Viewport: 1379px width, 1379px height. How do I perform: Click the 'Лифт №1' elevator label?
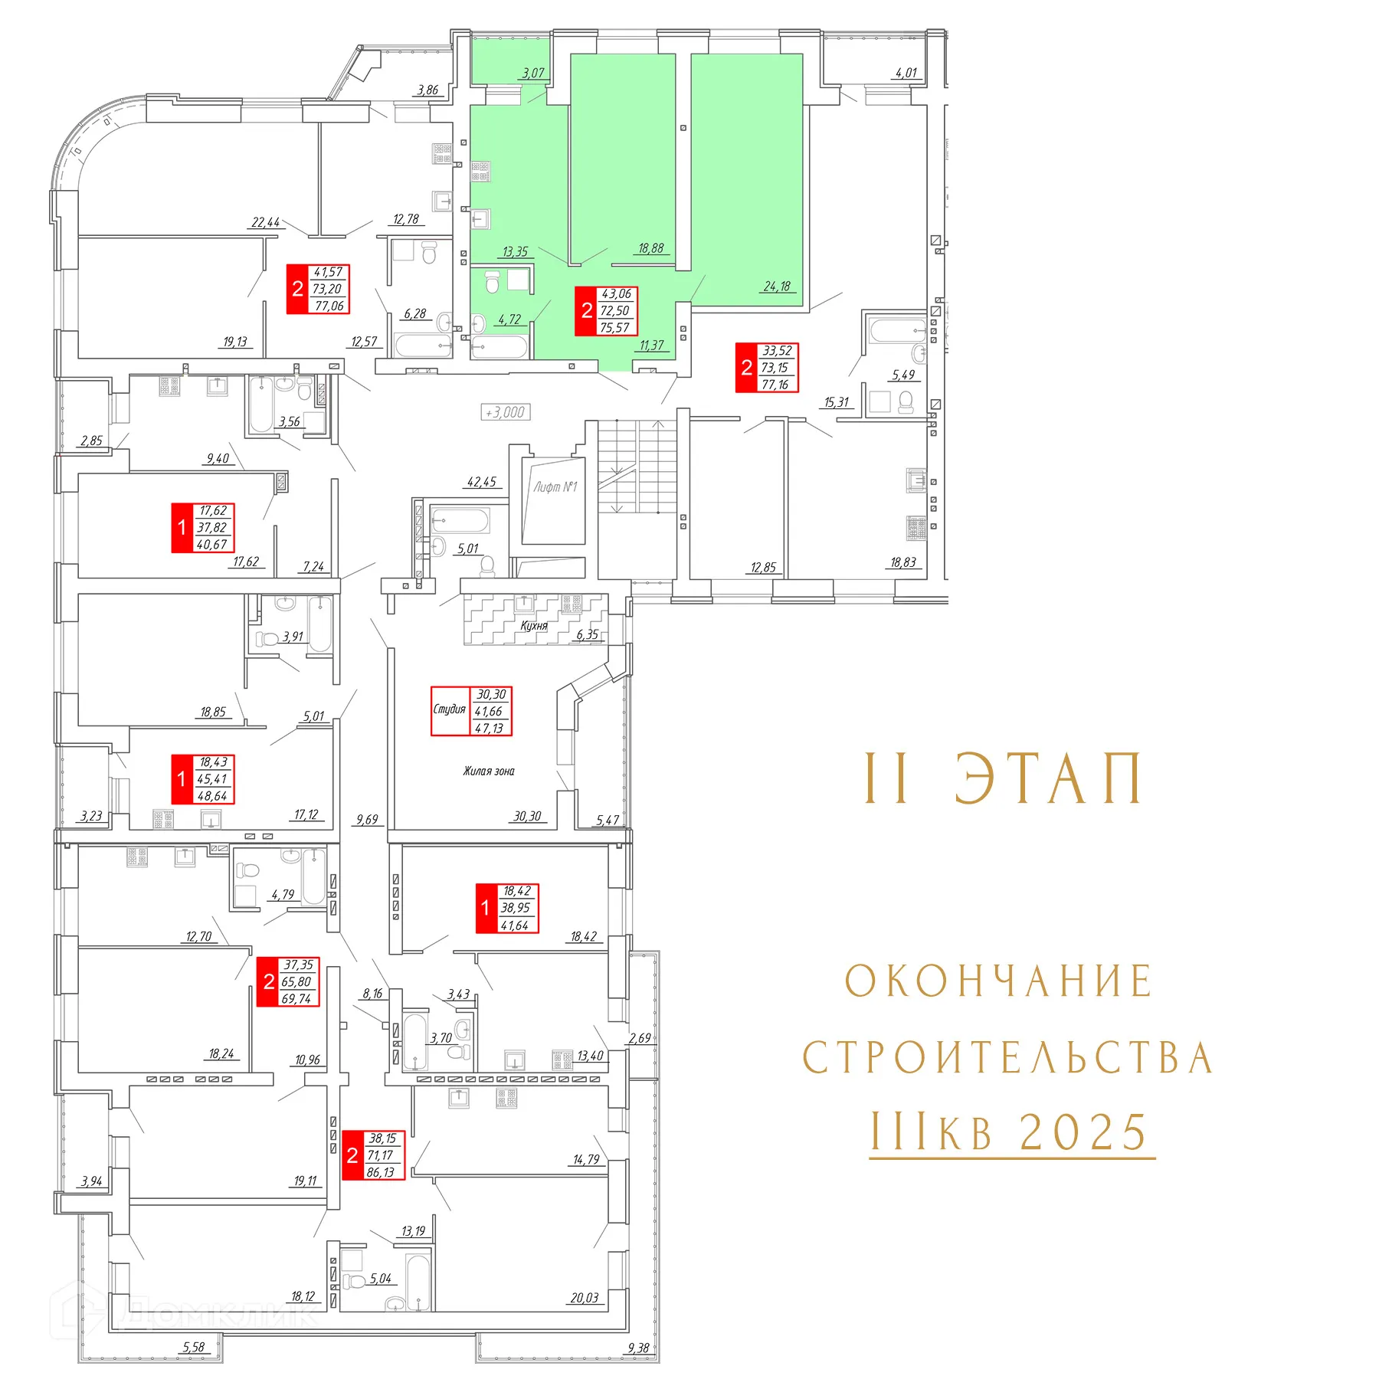[555, 486]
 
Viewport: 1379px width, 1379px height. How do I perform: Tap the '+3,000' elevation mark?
[506, 412]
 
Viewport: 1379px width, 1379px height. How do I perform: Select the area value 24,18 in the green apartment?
[777, 287]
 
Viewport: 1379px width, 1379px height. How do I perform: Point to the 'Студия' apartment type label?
[450, 709]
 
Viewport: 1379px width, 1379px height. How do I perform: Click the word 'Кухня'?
[534, 625]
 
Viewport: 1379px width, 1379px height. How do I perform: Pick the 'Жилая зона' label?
[489, 771]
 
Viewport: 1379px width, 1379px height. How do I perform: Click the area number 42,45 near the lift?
[482, 482]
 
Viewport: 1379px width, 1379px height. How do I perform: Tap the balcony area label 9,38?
[638, 1348]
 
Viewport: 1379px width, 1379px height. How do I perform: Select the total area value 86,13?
[381, 1172]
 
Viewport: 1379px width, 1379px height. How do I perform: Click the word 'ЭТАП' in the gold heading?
[1048, 778]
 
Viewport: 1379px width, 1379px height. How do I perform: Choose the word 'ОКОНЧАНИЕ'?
[999, 981]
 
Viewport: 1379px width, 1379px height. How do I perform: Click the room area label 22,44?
[266, 222]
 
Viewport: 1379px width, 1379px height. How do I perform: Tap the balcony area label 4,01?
[906, 73]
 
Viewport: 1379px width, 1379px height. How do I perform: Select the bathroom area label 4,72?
[509, 319]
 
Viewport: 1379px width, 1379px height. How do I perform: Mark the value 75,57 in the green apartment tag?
[614, 328]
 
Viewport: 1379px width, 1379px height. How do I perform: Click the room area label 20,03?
[585, 1298]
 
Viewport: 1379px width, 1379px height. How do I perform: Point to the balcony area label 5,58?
[194, 1347]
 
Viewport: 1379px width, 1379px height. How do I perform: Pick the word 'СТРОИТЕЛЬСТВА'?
[1007, 1058]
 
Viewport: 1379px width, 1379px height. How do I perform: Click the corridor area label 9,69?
[367, 820]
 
